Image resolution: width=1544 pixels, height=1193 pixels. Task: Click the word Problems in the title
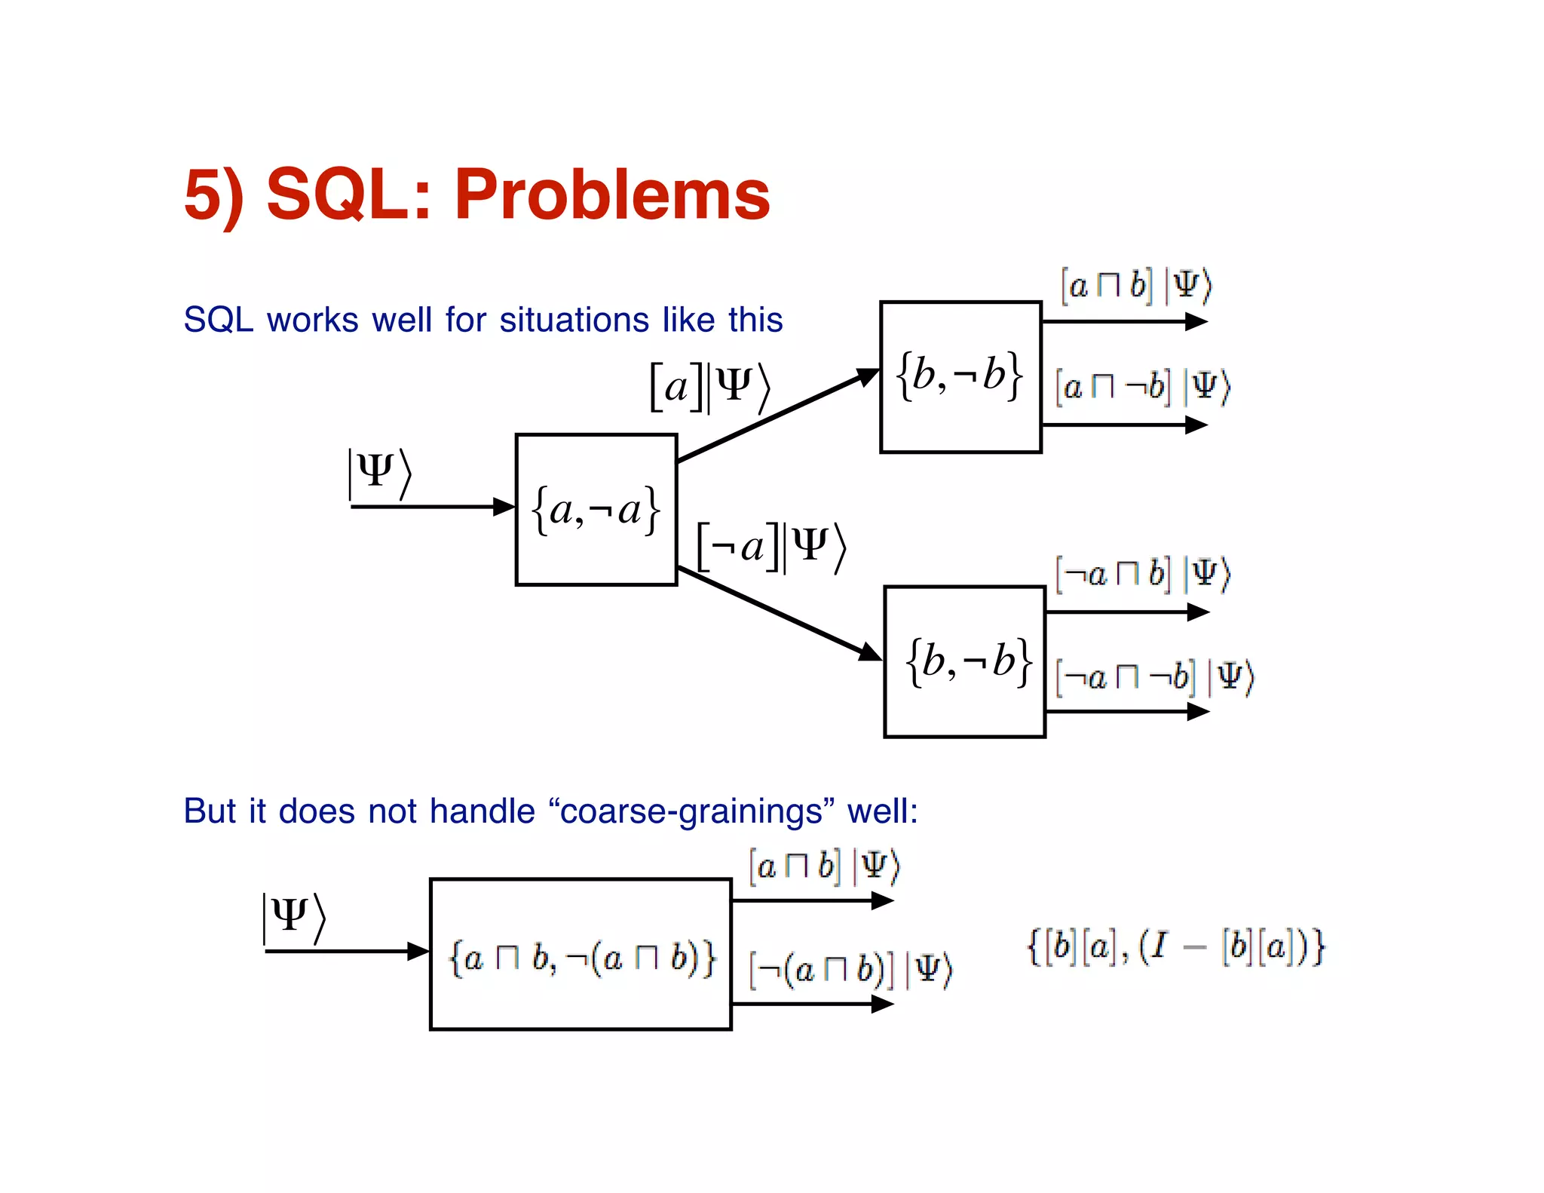[x=611, y=195]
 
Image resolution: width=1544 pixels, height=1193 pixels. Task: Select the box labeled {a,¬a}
[x=596, y=510]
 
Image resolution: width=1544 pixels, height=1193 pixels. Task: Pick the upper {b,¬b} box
[x=960, y=377]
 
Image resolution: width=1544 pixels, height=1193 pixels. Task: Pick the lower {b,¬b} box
[x=964, y=661]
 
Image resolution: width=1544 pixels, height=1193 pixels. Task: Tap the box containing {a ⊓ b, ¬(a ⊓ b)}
[x=581, y=955]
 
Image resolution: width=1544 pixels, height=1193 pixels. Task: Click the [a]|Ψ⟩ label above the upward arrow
[x=709, y=388]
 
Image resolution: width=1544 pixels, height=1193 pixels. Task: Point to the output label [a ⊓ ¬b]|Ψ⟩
[x=1141, y=387]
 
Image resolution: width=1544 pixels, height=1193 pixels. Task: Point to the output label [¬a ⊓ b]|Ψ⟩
[x=1141, y=575]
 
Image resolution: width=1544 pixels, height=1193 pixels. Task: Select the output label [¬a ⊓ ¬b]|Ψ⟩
[x=1153, y=676]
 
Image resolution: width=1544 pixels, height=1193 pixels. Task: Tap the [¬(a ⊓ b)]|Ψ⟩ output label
[x=850, y=969]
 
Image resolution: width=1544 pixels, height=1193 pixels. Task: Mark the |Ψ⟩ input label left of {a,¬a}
[x=379, y=473]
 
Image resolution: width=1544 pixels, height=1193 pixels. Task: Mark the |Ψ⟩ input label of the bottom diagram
[x=293, y=918]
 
